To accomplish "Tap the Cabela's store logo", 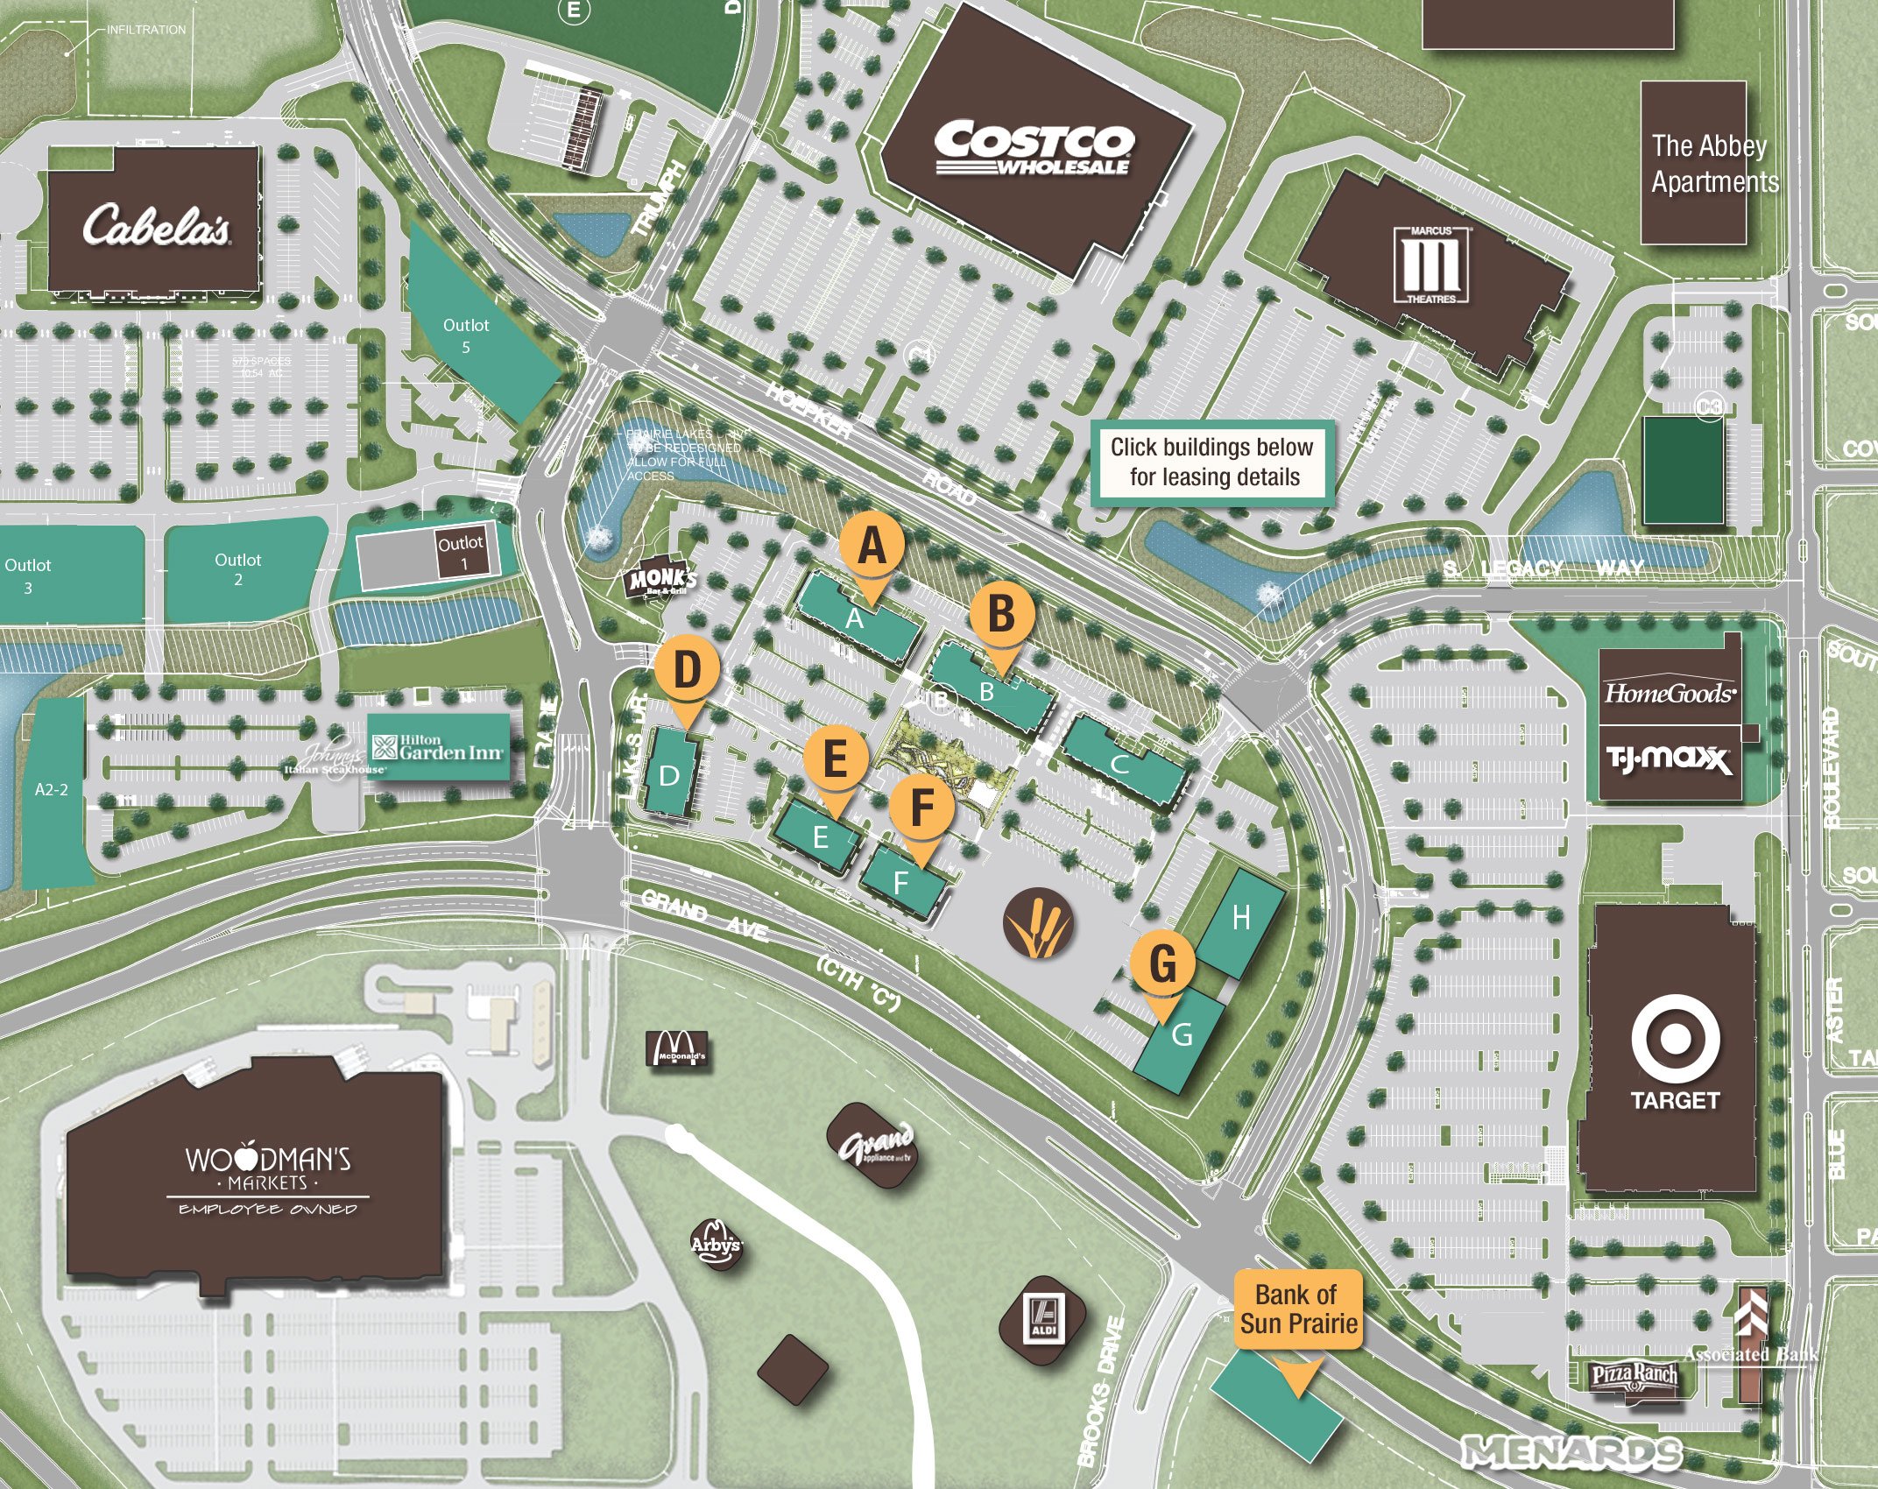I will click(157, 225).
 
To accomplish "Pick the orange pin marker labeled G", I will click(1162, 964).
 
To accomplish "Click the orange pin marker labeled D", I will click(688, 671).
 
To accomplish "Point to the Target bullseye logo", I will click(1675, 1039).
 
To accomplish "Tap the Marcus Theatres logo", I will click(1432, 265).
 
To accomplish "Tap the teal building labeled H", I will click(1240, 920).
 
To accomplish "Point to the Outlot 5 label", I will click(466, 335).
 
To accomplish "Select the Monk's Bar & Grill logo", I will click(663, 581).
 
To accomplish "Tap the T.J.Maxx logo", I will click(1670, 759).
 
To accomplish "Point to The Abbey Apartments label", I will click(1714, 164).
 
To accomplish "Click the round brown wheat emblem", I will click(1039, 923).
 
